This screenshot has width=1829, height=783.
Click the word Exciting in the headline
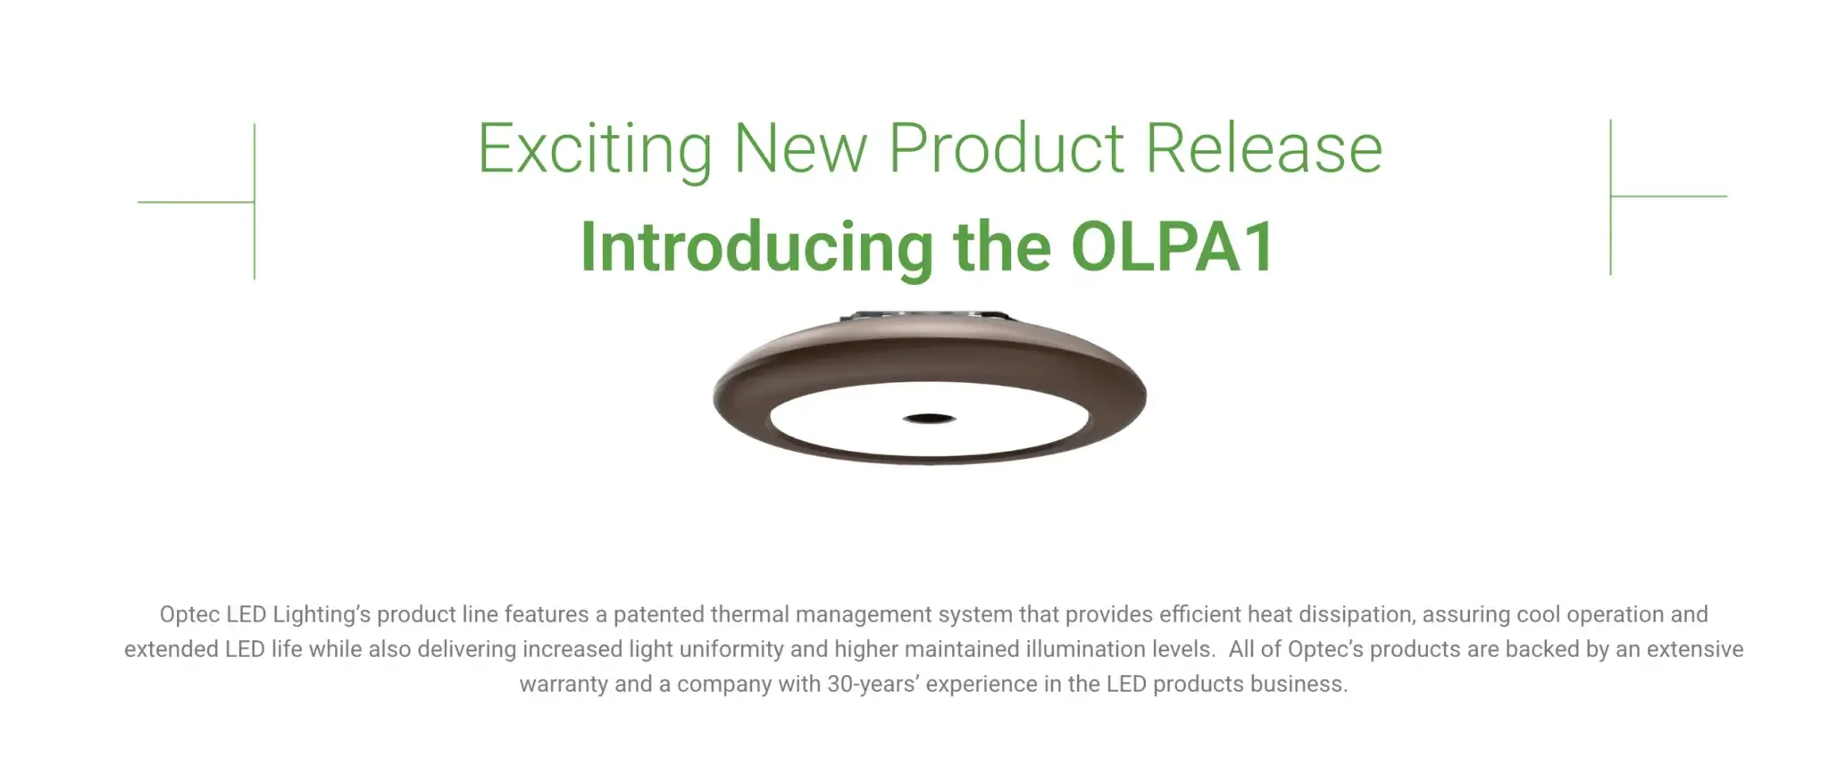tap(594, 149)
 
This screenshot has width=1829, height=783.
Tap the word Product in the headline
tap(1006, 149)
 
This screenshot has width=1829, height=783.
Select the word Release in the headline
tap(1264, 149)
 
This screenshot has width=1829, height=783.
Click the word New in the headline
tap(799, 149)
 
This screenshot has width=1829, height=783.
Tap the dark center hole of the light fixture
tap(929, 418)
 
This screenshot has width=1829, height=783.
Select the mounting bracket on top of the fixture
tap(929, 316)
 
